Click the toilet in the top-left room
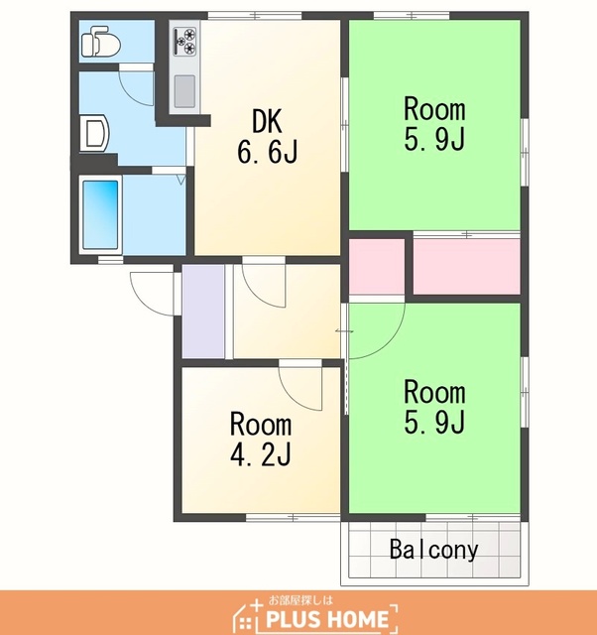(101, 41)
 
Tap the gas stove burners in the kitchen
(185, 41)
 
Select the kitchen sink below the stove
(184, 91)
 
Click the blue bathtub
(101, 214)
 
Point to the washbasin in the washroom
(95, 133)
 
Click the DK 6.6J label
(267, 137)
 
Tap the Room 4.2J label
(261, 439)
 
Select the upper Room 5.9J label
(434, 124)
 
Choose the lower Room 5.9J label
(434, 407)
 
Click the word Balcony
(434, 550)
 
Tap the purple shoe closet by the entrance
(203, 312)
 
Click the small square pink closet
(377, 267)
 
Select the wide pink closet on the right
(466, 267)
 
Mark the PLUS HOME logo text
(327, 619)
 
